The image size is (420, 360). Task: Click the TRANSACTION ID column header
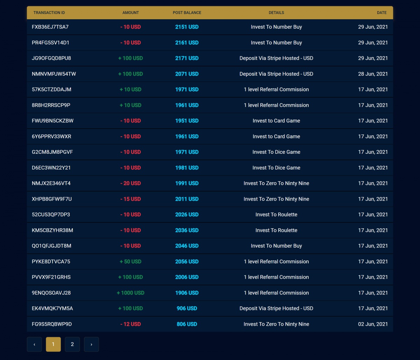[49, 13]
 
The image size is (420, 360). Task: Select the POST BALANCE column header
[187, 13]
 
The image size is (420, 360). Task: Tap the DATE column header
[381, 13]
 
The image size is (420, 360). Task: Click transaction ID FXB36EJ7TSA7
[50, 27]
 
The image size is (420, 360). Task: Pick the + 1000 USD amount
[131, 293]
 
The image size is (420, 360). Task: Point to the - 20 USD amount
[131, 183]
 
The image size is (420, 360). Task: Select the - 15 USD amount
[131, 199]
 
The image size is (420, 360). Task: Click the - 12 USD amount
[131, 324]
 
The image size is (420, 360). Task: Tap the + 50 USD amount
[131, 262]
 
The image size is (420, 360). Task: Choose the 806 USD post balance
[187, 324]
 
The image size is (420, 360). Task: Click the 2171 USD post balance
[187, 58]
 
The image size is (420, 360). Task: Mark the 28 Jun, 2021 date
[373, 74]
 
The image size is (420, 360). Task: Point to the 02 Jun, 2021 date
[373, 324]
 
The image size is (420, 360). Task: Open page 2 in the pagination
[72, 344]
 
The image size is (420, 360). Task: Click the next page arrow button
[91, 344]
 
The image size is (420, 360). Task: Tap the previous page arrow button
[34, 344]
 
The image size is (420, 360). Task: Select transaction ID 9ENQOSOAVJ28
[51, 293]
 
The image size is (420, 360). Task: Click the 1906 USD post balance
[187, 293]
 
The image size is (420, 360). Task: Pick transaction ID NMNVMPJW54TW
[54, 74]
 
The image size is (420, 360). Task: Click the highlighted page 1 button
[53, 344]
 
